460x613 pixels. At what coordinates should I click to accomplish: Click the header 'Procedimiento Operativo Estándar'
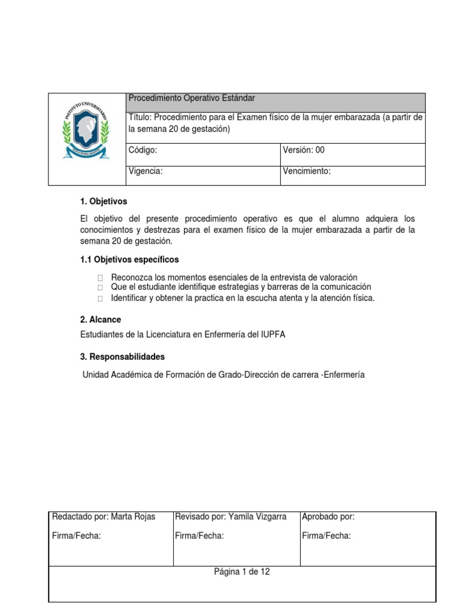pyautogui.click(x=192, y=98)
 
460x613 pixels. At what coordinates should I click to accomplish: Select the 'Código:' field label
pyautogui.click(x=143, y=150)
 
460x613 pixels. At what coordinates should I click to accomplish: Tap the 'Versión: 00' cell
pyautogui.click(x=304, y=150)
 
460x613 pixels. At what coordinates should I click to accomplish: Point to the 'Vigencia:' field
pyautogui.click(x=146, y=171)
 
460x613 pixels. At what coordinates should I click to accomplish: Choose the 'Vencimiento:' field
pyautogui.click(x=307, y=171)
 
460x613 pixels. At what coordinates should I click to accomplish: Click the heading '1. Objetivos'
pyautogui.click(x=103, y=201)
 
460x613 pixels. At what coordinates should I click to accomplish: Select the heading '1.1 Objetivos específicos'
pyautogui.click(x=129, y=260)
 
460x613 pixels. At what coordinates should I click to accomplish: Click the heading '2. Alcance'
pyautogui.click(x=100, y=320)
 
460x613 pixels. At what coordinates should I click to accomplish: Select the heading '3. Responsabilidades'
pyautogui.click(x=122, y=357)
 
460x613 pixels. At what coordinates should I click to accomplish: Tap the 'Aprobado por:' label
pyautogui.click(x=328, y=517)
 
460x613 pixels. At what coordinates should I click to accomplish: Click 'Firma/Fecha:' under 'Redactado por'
pyautogui.click(x=77, y=536)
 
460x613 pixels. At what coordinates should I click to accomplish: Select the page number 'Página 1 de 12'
pyautogui.click(x=242, y=572)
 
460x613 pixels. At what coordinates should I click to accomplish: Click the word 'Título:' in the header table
pyautogui.click(x=141, y=117)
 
